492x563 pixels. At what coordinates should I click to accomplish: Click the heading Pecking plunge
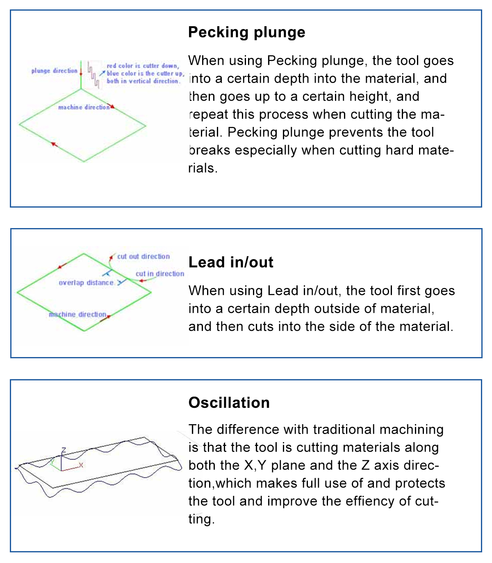[246, 32]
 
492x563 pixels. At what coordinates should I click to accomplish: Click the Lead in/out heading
[231, 262]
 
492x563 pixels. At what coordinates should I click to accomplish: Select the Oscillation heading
[229, 403]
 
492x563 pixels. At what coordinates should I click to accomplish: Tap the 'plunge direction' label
[54, 71]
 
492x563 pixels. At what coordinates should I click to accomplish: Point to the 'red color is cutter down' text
[143, 66]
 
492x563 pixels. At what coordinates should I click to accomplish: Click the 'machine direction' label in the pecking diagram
[84, 107]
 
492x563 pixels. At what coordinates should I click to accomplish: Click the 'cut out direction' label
[143, 257]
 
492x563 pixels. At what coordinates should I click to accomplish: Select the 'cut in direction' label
[159, 274]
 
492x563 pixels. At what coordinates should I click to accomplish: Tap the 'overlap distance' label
[86, 283]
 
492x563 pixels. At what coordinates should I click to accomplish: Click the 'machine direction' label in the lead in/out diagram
[77, 314]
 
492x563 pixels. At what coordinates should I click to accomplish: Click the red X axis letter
[81, 465]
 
